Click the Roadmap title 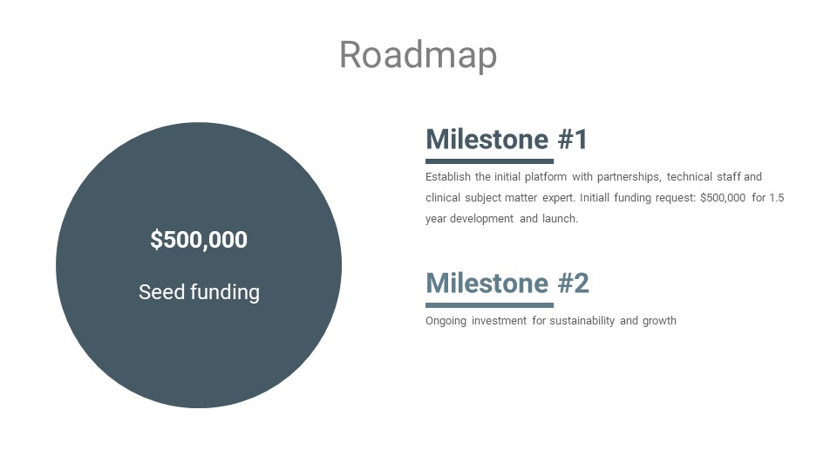(418, 56)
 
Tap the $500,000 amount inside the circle (199, 240)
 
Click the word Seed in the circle (161, 292)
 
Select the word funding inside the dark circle (225, 293)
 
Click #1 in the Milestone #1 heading (573, 140)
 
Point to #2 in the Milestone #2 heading (574, 283)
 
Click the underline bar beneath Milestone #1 (489, 161)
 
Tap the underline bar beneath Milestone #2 (489, 305)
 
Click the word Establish (448, 177)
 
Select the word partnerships (629, 177)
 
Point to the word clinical (442, 198)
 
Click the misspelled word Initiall (594, 198)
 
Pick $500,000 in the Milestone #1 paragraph (723, 198)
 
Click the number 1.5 (776, 198)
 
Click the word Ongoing (446, 321)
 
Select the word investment (499, 320)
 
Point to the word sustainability (582, 321)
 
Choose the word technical (689, 177)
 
